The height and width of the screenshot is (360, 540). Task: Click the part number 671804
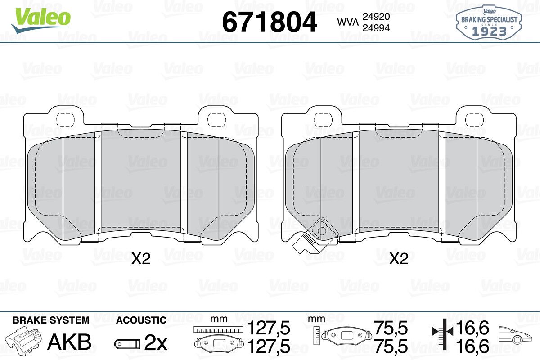pyautogui.click(x=269, y=22)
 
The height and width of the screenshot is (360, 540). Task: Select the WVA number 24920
pyautogui.click(x=376, y=16)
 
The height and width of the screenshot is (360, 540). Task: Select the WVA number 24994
pyautogui.click(x=376, y=28)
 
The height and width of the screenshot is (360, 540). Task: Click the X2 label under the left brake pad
pyautogui.click(x=141, y=259)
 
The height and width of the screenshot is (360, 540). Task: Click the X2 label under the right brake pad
pyautogui.click(x=399, y=259)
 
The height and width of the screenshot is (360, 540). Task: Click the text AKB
pyautogui.click(x=69, y=342)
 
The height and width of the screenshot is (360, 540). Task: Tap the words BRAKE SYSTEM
pyautogui.click(x=51, y=320)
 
